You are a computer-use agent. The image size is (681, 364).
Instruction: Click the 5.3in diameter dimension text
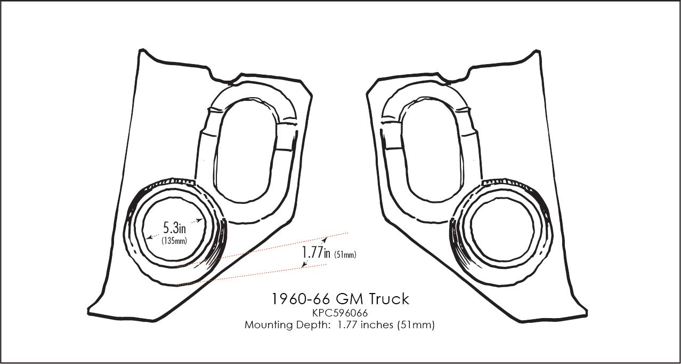pos(174,228)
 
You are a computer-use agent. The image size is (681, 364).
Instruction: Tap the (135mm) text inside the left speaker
pos(174,241)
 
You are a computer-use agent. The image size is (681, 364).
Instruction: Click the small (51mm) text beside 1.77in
pos(345,255)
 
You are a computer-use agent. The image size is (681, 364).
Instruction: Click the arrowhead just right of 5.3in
pos(200,219)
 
